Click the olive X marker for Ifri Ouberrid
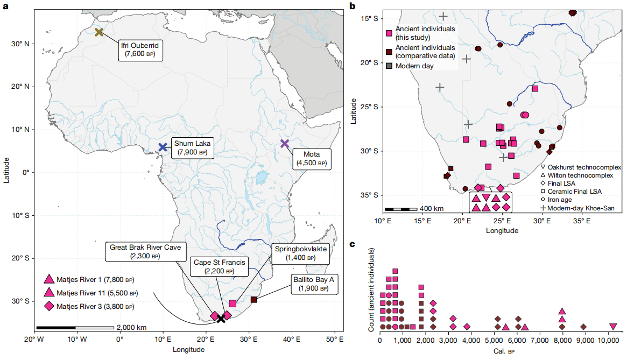pyautogui.click(x=99, y=32)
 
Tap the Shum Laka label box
pyautogui.click(x=192, y=147)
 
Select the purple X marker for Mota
pyautogui.click(x=285, y=144)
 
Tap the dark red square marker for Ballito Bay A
pyautogui.click(x=253, y=299)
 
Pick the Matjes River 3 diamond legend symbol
pyautogui.click(x=49, y=307)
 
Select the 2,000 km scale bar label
pyautogui.click(x=131, y=327)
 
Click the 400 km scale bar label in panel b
pyautogui.click(x=432, y=208)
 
